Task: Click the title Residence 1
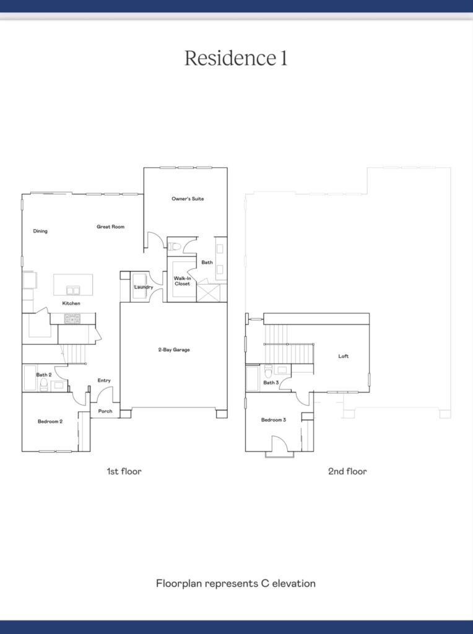click(x=236, y=58)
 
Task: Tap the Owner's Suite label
click(x=188, y=199)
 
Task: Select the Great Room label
click(x=110, y=227)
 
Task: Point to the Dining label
click(x=40, y=231)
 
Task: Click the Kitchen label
click(x=71, y=303)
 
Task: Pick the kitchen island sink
click(x=73, y=290)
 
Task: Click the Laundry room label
click(x=144, y=287)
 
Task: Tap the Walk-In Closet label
click(x=182, y=281)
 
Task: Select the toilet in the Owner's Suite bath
click(x=174, y=246)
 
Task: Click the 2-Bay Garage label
click(x=174, y=350)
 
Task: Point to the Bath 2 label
click(x=44, y=375)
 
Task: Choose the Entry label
click(x=104, y=380)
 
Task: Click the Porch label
click(x=105, y=411)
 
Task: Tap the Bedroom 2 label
click(x=50, y=421)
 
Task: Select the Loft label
click(x=343, y=356)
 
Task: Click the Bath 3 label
click(x=271, y=383)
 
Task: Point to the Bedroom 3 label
click(x=273, y=420)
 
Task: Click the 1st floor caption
click(x=124, y=471)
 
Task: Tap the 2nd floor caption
click(x=347, y=471)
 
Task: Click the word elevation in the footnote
click(x=294, y=583)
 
